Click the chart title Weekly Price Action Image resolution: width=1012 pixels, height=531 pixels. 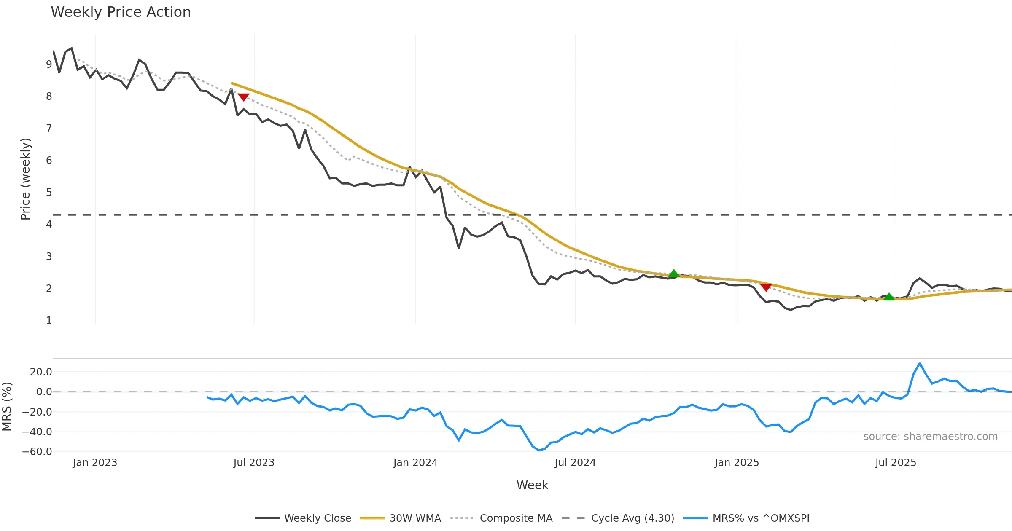coord(121,12)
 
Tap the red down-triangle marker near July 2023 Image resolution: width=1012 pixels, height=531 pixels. coord(244,97)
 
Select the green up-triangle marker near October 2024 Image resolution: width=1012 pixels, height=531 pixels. coord(674,274)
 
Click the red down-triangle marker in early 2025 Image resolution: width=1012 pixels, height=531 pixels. coord(766,287)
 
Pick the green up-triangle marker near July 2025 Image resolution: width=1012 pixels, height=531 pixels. coord(889,297)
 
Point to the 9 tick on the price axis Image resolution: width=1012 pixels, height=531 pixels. coord(49,64)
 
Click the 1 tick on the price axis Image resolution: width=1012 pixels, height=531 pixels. coord(49,321)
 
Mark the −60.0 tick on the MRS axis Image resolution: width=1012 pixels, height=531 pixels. coord(37,452)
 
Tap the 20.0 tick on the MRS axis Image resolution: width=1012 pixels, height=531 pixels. coord(41,372)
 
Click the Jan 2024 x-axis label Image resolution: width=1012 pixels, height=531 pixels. coord(415,463)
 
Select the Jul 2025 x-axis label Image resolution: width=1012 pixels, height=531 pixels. coord(896,463)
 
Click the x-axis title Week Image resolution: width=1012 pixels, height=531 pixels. coord(532,485)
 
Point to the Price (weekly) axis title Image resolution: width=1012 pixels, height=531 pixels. coord(25,179)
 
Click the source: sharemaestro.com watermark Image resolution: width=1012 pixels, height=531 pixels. coord(930,437)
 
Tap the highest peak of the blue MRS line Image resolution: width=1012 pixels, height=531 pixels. coord(920,363)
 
